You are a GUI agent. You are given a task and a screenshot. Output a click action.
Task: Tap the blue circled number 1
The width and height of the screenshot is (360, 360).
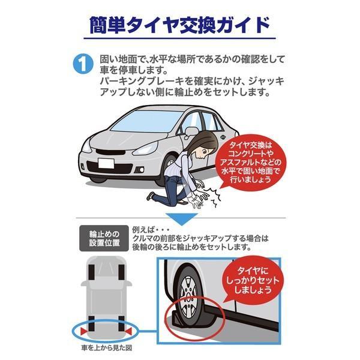[83, 64]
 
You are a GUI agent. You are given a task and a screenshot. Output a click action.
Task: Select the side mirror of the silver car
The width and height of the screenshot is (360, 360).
[191, 132]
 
